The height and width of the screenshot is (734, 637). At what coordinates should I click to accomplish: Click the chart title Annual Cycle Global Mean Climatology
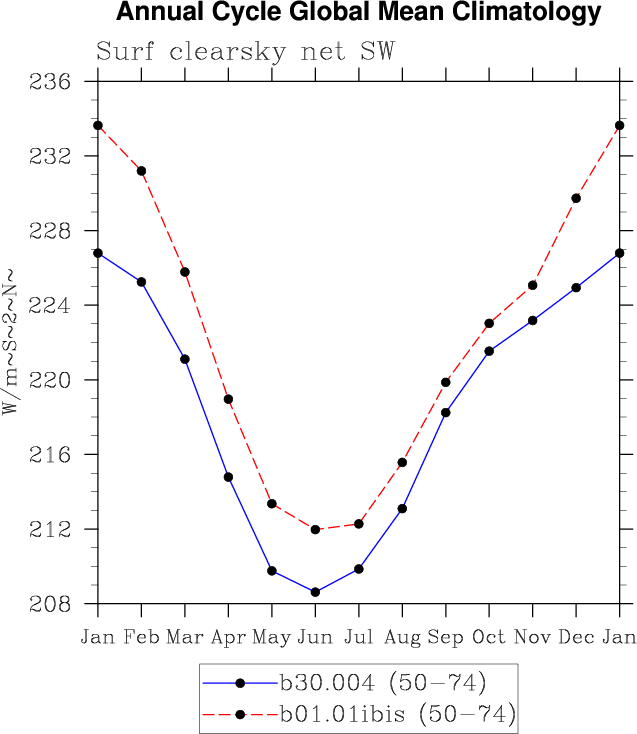359,14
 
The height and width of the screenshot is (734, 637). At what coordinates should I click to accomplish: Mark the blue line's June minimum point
315,592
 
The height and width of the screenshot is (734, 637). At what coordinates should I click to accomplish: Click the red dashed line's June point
315,529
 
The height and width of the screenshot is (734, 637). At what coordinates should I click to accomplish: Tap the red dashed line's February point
141,171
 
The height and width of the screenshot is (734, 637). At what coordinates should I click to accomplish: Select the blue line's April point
228,477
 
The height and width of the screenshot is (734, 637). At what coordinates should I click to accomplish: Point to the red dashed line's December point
576,198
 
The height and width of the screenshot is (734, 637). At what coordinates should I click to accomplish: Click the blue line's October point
489,351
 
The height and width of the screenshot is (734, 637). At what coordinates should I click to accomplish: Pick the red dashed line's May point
272,504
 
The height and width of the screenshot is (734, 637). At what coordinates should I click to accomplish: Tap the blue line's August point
402,509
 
